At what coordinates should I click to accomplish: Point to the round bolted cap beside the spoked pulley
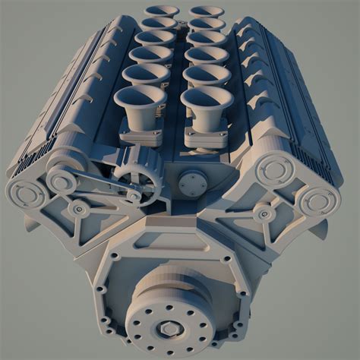pyautogui.click(x=192, y=183)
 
